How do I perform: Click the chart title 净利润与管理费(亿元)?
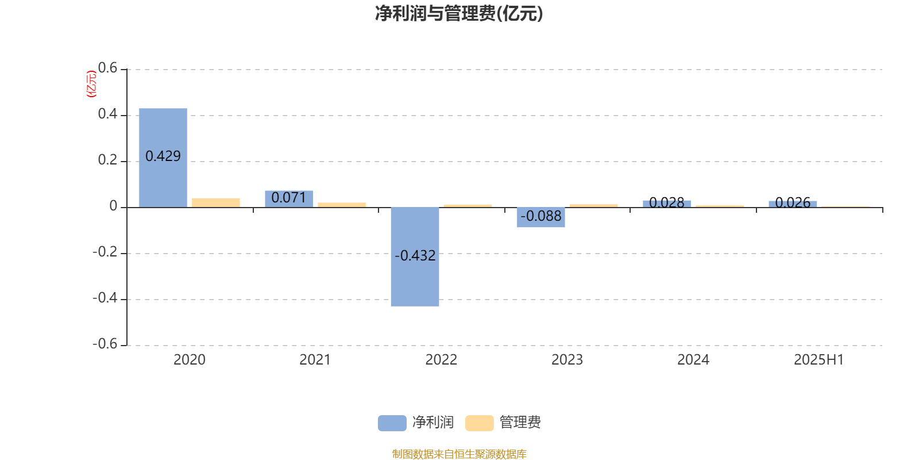coord(459,14)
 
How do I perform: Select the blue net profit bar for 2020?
coord(163,158)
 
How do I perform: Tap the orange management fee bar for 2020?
coord(216,203)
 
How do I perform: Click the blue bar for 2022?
coord(415,256)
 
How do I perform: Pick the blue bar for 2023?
coord(540,217)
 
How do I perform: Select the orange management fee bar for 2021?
coord(342,205)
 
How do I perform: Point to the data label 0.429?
coord(163,156)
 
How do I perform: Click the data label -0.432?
coord(415,255)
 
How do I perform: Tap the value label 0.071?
coord(289,198)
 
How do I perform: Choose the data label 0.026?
coord(793,202)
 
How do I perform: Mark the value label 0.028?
coord(667,202)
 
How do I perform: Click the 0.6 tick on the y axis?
coord(107,68)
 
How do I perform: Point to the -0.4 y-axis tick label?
coord(105,298)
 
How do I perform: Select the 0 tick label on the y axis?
coord(113,206)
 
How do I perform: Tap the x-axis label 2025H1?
coord(819,360)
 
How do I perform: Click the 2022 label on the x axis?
coord(441,360)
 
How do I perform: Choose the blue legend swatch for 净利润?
coord(392,423)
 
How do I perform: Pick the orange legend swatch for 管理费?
coord(479,423)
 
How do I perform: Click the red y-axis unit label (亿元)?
coord(91,84)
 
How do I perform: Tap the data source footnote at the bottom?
coord(459,454)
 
